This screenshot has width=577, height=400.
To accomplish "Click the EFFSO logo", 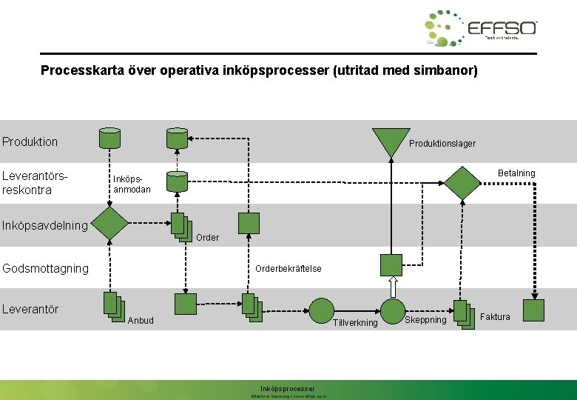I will pyautogui.click(x=481, y=29).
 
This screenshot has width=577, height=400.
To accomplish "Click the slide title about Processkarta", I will pyautogui.click(x=260, y=71).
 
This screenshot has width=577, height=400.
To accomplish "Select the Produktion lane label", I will pyautogui.click(x=30, y=141).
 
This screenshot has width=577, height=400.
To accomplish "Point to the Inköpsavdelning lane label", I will pyautogui.click(x=45, y=224).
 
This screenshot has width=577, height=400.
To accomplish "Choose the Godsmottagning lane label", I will pyautogui.click(x=45, y=268).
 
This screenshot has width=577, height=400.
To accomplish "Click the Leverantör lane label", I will pyautogui.click(x=30, y=309).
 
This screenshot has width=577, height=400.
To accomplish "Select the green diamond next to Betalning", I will pyautogui.click(x=463, y=182).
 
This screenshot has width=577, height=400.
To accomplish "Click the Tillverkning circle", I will pyautogui.click(x=322, y=310).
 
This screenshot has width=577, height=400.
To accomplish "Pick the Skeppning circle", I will pyautogui.click(x=393, y=310).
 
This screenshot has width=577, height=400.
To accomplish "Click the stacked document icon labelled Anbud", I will pyautogui.click(x=112, y=306).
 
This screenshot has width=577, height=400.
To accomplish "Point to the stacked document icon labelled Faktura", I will pyautogui.click(x=464, y=314).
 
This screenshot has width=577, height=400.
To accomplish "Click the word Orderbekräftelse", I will pyautogui.click(x=288, y=269).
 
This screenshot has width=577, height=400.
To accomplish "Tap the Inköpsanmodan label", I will pyautogui.click(x=132, y=184).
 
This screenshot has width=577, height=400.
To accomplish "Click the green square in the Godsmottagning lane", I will pyautogui.click(x=391, y=264).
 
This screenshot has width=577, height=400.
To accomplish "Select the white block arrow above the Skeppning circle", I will pyautogui.click(x=393, y=287).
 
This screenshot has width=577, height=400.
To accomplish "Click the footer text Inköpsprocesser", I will pyautogui.click(x=288, y=388).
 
